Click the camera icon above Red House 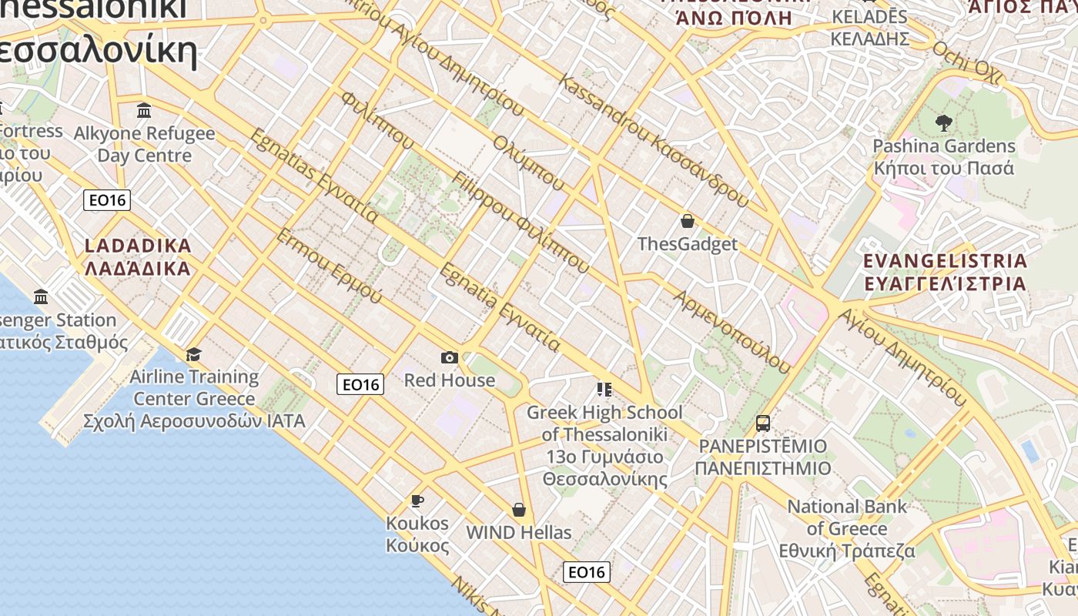(450, 357)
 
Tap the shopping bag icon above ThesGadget (688, 222)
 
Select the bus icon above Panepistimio (762, 423)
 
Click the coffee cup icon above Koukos (417, 501)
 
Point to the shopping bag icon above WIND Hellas (519, 510)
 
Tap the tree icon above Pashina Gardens (943, 122)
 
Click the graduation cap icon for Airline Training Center (193, 354)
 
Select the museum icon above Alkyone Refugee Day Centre (144, 111)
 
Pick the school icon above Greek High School (604, 390)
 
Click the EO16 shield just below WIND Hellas (587, 572)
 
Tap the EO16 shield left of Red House (360, 384)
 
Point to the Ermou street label (329, 266)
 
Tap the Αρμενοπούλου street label (731, 332)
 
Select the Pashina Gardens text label (944, 146)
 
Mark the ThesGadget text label (688, 244)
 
